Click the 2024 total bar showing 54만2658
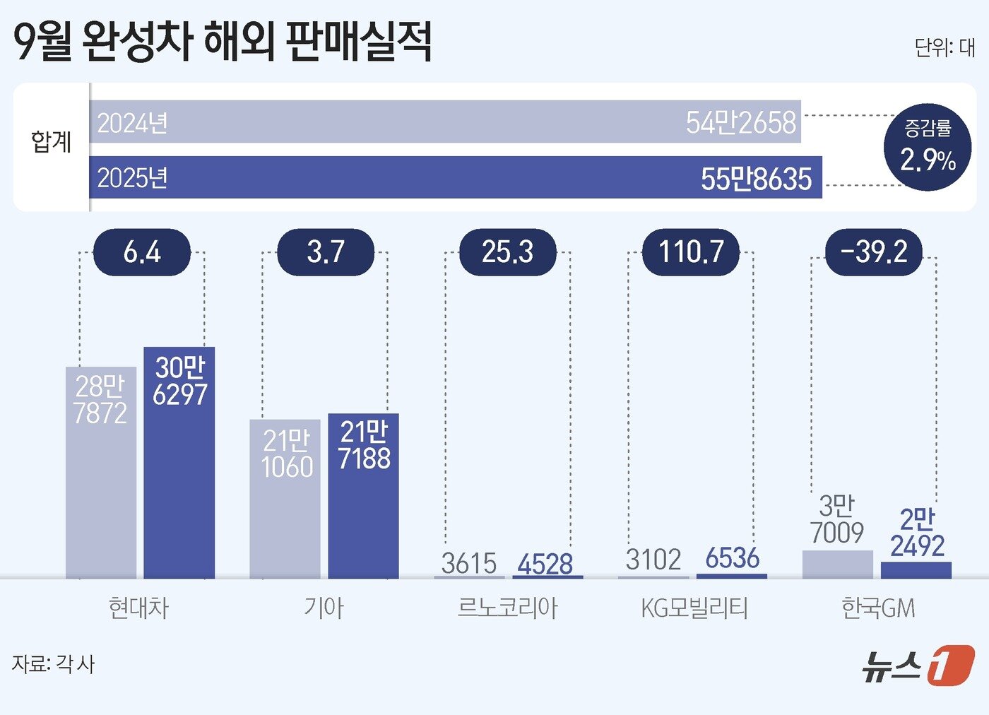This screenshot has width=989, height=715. coord(445,122)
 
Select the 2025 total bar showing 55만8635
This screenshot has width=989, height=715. coord(456,177)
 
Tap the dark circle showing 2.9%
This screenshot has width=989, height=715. coord(928,147)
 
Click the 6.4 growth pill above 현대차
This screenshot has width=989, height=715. coord(142,252)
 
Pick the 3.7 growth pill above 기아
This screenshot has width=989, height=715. coord(326,252)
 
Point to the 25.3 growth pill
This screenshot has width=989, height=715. coord(508,252)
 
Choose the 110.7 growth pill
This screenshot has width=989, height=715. coord(691,252)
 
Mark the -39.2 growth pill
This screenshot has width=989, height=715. coord(874,252)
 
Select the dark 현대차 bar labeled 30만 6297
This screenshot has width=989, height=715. coord(179,463)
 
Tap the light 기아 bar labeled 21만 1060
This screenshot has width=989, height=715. coord(285,498)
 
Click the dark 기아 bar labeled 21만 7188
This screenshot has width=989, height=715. coord(363,495)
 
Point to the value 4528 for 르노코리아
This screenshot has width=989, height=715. coord(545,564)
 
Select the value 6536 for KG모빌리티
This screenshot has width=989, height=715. coord(732,558)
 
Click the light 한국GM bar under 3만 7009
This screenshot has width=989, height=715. coord(838,565)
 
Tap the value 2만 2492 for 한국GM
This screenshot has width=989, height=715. coord(917,533)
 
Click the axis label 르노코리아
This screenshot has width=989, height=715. coord(507,608)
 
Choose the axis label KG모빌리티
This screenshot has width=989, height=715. coord(694,608)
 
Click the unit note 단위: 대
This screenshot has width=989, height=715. coord(944,47)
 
